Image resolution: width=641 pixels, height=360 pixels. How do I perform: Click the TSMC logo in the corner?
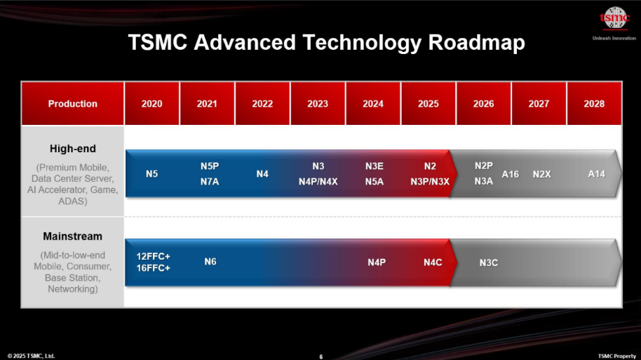point(614,18)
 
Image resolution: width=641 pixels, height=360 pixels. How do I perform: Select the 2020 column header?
point(151,103)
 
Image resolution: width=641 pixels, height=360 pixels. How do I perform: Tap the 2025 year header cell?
point(428,103)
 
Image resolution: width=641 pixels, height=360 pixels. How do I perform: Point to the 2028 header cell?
point(594,103)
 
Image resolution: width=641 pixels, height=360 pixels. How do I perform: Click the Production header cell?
point(73,103)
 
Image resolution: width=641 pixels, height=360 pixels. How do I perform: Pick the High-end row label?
point(73,149)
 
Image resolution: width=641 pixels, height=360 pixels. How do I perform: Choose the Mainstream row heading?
point(73,236)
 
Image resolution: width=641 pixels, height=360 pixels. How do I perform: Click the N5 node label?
point(151,174)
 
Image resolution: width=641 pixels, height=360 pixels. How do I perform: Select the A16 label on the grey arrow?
point(510,174)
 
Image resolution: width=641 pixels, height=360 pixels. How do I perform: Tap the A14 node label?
point(596,174)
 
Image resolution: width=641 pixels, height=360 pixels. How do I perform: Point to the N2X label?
point(541,174)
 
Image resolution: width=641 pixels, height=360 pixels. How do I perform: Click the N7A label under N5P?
point(210,182)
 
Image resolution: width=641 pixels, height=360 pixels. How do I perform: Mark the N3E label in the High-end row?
point(375,166)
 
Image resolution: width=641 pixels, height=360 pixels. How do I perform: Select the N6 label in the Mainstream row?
point(210,262)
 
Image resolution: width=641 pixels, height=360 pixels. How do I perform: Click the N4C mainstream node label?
point(433,262)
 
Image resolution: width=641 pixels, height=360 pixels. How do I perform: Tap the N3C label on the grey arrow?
point(489,262)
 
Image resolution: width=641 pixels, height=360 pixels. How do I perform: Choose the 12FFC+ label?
point(154,257)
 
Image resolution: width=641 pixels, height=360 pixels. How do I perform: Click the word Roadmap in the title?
point(477,43)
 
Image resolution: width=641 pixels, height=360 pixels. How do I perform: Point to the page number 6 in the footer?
point(321,356)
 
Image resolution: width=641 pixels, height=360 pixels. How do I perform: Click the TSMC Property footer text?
point(617,356)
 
